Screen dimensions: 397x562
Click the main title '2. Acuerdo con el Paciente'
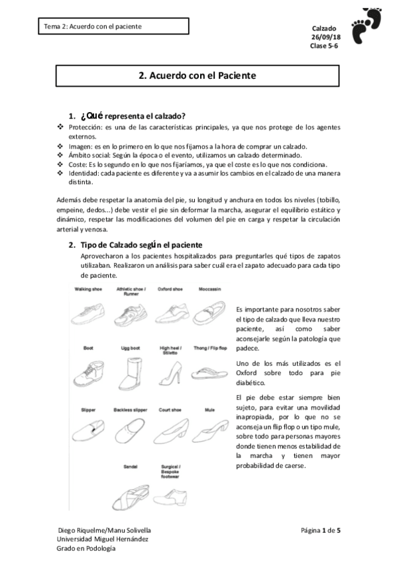pyautogui.click(x=198, y=76)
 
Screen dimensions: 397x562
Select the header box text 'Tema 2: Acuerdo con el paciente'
pyautogui.click(x=92, y=27)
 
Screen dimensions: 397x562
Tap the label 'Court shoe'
pyautogui.click(x=170, y=410)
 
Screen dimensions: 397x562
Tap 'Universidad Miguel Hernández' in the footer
pyautogui.click(x=102, y=539)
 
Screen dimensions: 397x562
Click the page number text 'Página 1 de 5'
pyautogui.click(x=321, y=530)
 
